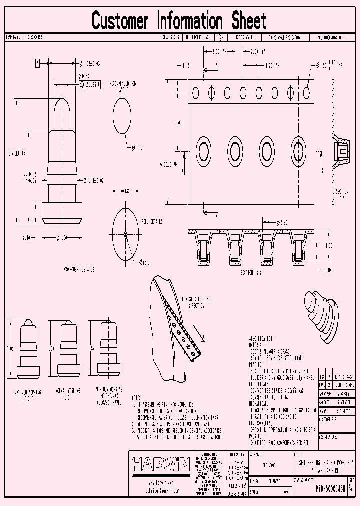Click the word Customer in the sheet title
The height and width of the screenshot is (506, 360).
[x=120, y=21]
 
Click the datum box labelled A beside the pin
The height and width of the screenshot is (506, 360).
[x=37, y=63]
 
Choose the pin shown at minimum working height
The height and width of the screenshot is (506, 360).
[x=105, y=348]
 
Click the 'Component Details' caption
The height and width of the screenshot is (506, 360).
[x=79, y=269]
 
